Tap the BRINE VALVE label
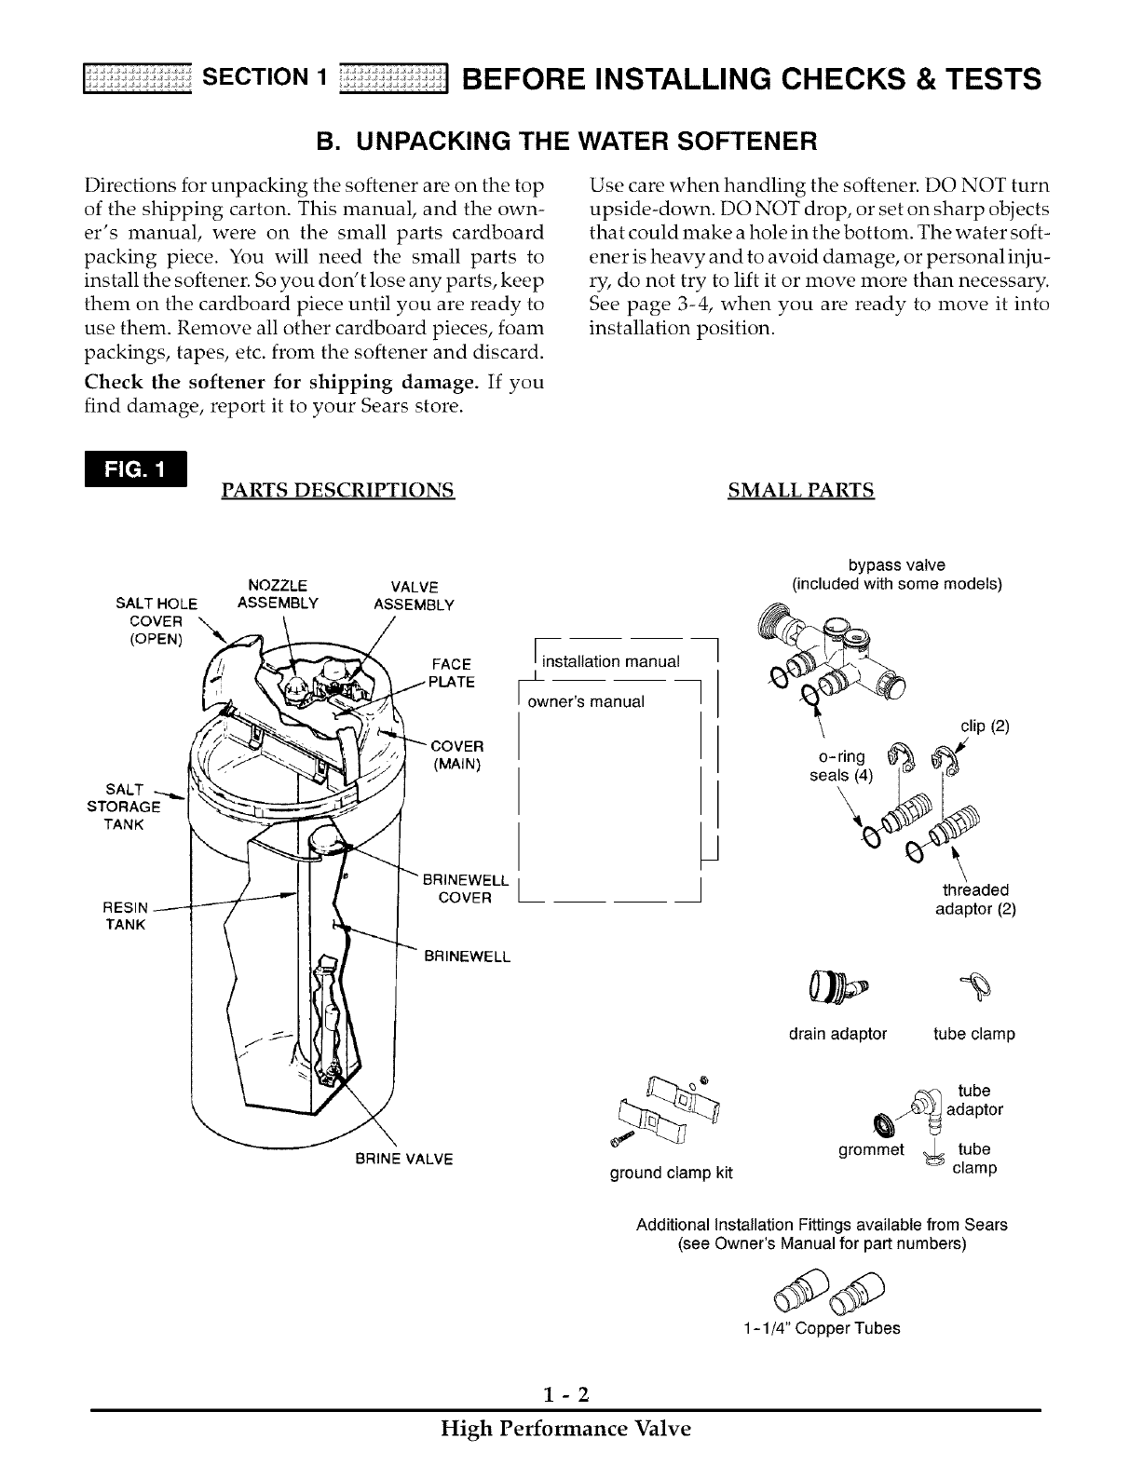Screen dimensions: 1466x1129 [x=403, y=1160]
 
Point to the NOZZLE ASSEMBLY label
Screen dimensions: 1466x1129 [x=279, y=594]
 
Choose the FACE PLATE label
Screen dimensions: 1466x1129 [x=453, y=672]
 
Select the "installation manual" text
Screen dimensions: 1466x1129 [x=611, y=661]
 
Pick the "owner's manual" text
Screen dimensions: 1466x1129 [x=586, y=701]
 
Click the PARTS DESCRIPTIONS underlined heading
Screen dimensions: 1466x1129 [x=337, y=490]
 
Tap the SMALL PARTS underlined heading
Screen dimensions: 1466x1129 [x=801, y=490]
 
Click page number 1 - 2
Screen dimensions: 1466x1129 [x=565, y=1394]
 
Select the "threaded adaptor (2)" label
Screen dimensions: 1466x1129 [x=975, y=899]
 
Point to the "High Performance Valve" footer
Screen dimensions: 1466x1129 [x=565, y=1429]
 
